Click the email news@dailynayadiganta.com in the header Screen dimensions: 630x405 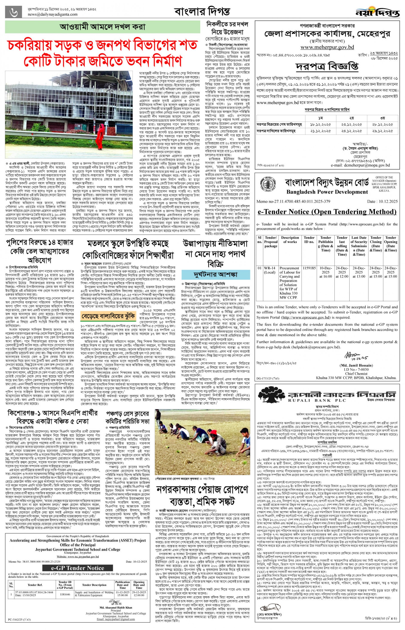click(53, 14)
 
